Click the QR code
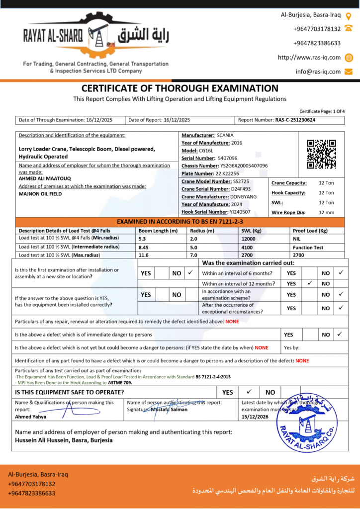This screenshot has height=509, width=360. point(321,154)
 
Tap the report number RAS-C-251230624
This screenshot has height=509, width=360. point(295,120)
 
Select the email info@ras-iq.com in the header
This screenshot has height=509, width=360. point(318,72)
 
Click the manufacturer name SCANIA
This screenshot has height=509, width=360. point(225,135)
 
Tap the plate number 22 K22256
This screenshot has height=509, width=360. point(227,173)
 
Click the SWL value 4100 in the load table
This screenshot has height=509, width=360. point(248,247)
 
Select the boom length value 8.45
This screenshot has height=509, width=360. point(144,247)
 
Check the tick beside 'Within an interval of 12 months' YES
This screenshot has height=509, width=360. point(310,283)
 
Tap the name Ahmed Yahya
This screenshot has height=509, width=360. point(31,417)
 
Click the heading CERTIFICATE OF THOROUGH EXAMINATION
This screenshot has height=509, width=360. point(180,88)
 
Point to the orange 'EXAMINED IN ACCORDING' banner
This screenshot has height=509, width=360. point(180,221)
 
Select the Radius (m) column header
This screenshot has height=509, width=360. point(202,231)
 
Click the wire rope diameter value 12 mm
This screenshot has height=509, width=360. point(326,212)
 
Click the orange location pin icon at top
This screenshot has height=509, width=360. point(349,15)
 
